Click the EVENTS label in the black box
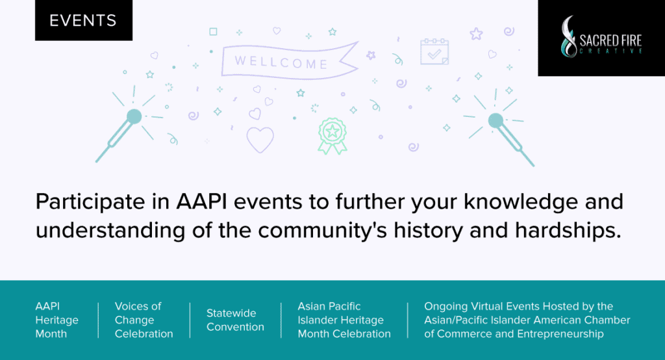pyautogui.click(x=83, y=20)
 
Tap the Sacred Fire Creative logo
pyautogui.click(x=601, y=37)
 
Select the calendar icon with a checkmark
pyautogui.click(x=434, y=52)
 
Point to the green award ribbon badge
pyautogui.click(x=332, y=134)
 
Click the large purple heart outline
pyautogui.click(x=260, y=139)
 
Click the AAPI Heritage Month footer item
pyautogui.click(x=57, y=320)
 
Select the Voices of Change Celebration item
pyautogui.click(x=144, y=320)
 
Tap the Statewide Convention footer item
pyautogui.click(x=235, y=320)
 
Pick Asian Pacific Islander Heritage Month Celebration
pyautogui.click(x=344, y=320)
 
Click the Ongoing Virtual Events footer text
pyautogui.click(x=527, y=320)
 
